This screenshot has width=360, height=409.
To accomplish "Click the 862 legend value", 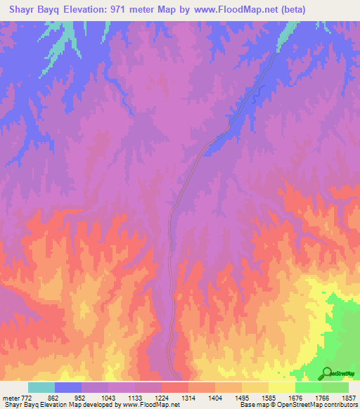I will tap(53, 398).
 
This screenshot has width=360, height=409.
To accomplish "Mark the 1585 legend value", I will tap(278, 398).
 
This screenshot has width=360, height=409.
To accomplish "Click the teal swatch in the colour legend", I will tap(41, 387).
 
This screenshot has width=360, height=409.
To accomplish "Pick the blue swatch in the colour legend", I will tap(68, 387).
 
